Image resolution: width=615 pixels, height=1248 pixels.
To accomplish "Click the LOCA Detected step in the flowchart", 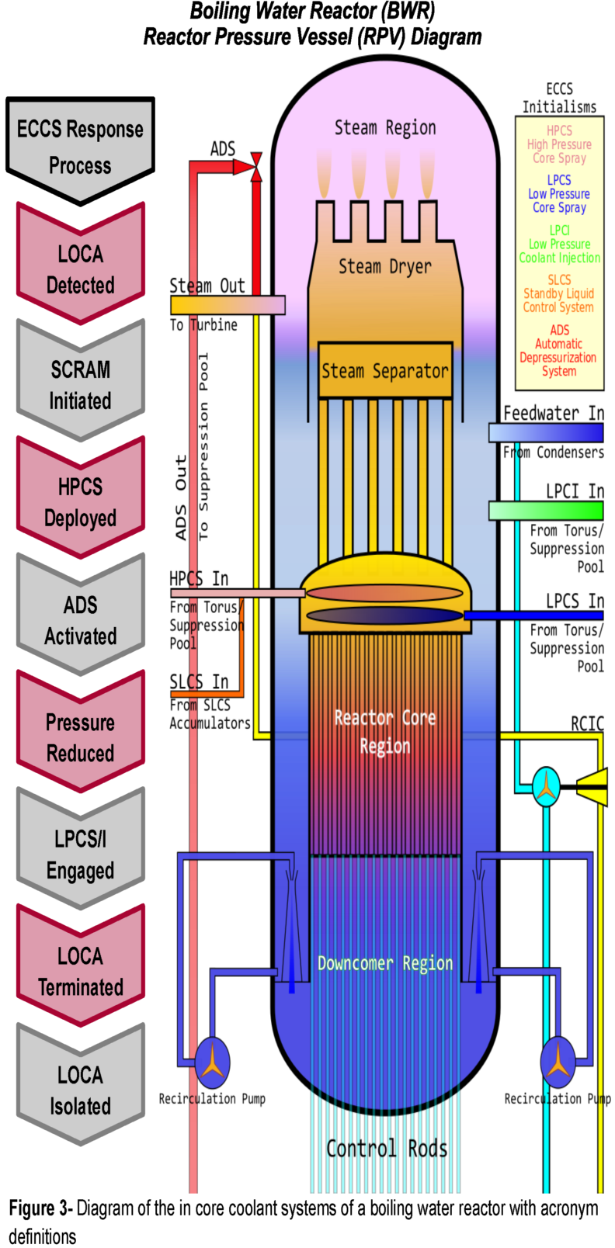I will click(x=80, y=269).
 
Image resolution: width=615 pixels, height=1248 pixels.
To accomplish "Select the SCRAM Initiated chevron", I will click(x=80, y=384).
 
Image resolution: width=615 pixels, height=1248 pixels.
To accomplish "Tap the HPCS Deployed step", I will click(x=80, y=501).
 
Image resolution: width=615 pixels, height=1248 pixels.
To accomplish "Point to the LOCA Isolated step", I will click(x=80, y=1090).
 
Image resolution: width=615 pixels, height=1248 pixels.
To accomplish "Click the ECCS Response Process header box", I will click(x=80, y=147).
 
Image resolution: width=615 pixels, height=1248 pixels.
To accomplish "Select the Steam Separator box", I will click(x=385, y=371).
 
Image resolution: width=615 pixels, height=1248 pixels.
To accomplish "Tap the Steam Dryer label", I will click(x=384, y=266).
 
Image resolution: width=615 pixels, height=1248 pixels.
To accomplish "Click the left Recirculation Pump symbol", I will click(x=212, y=1063).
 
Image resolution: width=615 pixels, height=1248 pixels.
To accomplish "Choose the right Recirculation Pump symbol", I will click(x=558, y=1063).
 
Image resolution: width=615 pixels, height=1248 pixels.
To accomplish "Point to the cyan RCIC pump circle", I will click(x=547, y=786).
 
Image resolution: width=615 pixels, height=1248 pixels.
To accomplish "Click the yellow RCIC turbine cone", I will click(x=594, y=787).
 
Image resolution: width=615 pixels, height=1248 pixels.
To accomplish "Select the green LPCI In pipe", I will click(x=546, y=510).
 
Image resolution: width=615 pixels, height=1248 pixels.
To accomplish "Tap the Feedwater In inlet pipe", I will click(x=546, y=432).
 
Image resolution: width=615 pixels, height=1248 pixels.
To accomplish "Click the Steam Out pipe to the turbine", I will click(x=228, y=305).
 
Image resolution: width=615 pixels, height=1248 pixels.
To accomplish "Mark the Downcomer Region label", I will click(x=385, y=963).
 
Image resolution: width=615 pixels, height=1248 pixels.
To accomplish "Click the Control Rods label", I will click(x=387, y=1149).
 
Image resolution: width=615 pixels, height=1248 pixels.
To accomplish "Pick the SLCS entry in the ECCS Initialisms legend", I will click(x=559, y=293).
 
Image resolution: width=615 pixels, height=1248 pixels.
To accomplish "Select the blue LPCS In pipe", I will click(x=533, y=615).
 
